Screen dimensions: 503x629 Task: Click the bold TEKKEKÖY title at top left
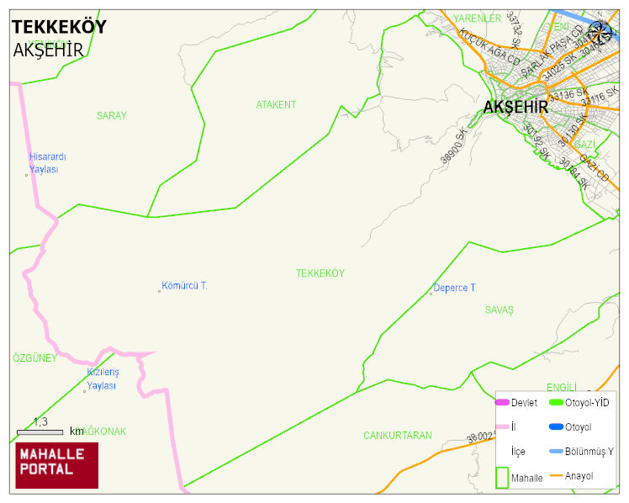click(59, 27)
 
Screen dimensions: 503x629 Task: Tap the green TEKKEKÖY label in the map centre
click(320, 273)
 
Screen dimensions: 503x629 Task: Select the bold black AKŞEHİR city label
click(515, 108)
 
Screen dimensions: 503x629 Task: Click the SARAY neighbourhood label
click(111, 115)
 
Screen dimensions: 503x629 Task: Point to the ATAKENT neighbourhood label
click(276, 104)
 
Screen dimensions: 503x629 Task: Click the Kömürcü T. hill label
click(184, 286)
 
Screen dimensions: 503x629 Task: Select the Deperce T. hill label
click(454, 288)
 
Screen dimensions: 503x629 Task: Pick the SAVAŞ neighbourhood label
click(499, 310)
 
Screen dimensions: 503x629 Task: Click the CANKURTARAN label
click(397, 436)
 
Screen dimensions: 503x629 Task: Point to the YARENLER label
click(477, 18)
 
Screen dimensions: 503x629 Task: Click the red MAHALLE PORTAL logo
click(56, 465)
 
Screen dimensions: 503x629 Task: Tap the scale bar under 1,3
click(40, 432)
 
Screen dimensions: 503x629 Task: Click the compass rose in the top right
click(600, 32)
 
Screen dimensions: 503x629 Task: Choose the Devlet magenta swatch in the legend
click(502, 402)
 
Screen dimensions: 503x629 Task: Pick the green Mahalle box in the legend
click(502, 477)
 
